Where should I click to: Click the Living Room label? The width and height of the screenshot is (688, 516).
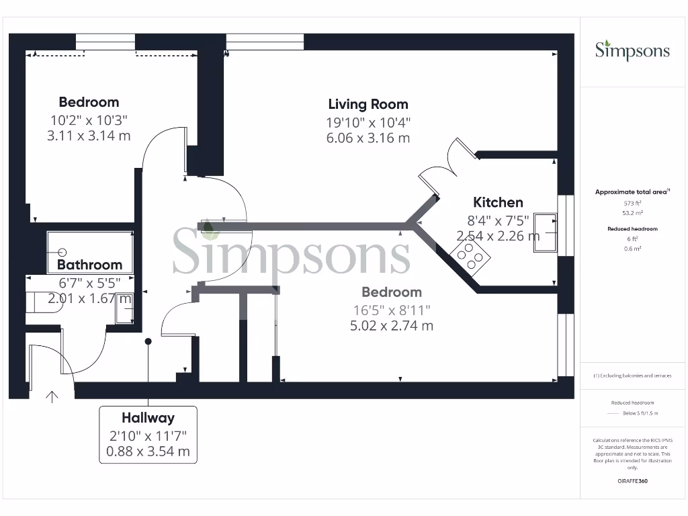click(x=368, y=104)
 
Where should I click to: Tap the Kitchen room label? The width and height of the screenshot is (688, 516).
click(x=498, y=202)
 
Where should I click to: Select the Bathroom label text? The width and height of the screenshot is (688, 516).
click(x=89, y=265)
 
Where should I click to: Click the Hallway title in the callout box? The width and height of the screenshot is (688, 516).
click(x=148, y=418)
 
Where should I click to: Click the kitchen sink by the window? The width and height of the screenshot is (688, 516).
click(x=546, y=232)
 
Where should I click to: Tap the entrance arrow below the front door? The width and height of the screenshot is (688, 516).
click(x=52, y=397)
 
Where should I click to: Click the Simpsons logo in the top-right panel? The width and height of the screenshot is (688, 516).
click(x=632, y=51)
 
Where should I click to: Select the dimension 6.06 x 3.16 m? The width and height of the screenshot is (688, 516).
click(x=368, y=138)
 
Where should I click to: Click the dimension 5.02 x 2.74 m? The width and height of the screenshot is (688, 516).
click(x=391, y=326)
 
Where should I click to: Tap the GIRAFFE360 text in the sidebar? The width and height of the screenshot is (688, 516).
click(x=632, y=481)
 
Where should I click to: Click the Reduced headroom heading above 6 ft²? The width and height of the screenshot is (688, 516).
click(x=632, y=229)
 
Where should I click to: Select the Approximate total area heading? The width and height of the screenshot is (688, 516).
click(x=631, y=192)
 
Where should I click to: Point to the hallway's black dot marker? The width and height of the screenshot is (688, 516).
click(x=148, y=341)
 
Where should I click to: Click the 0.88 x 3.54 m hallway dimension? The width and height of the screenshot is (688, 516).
click(x=148, y=451)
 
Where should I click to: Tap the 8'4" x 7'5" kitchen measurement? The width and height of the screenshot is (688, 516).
click(x=498, y=219)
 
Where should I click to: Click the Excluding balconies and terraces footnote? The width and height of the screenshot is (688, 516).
click(x=632, y=376)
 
